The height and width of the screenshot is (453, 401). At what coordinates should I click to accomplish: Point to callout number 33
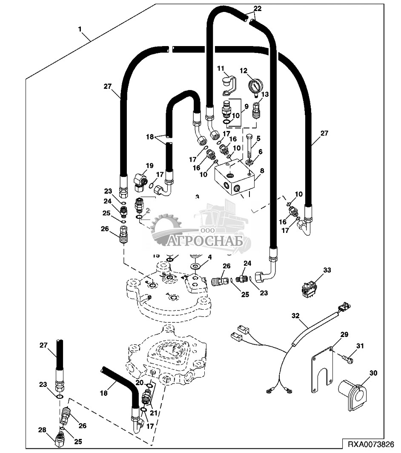tap(327, 270)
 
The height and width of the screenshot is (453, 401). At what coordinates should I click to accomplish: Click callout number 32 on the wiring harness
tap(296, 316)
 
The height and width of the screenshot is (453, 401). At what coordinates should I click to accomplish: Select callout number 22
tap(258, 8)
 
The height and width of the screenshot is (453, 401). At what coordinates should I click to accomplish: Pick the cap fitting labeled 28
tap(60, 439)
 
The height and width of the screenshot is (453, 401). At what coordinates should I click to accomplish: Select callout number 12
tap(243, 70)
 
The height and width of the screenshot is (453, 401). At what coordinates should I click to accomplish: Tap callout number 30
tap(373, 372)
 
